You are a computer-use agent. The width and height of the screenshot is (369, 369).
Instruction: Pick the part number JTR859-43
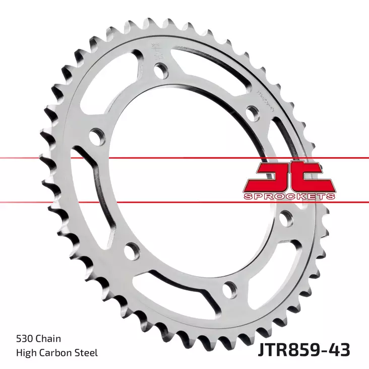[x=304, y=348]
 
